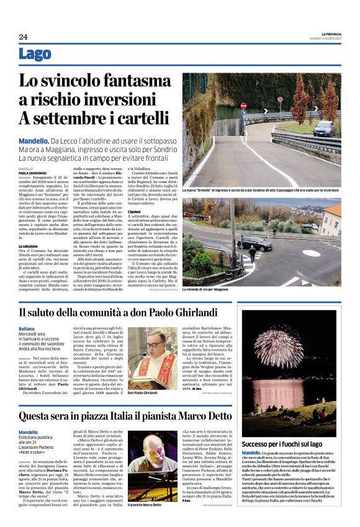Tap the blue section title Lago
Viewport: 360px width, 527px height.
(35, 55)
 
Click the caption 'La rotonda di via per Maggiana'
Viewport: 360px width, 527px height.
(212, 289)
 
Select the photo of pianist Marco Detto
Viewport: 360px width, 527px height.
(152, 474)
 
